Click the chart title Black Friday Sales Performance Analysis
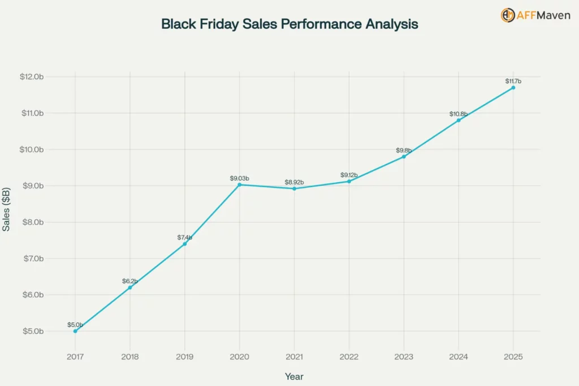tap(289, 24)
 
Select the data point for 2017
tap(75, 331)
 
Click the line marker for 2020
tap(240, 185)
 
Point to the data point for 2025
tap(513, 88)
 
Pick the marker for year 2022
tap(349, 181)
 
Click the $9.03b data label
tap(239, 178)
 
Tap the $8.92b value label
tap(294, 182)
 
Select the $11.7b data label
tap(513, 82)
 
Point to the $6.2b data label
tap(130, 281)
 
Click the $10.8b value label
tap(459, 114)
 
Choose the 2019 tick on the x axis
tap(185, 357)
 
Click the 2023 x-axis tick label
tap(404, 357)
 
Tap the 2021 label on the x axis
tap(294, 357)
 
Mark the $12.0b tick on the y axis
tap(32, 76)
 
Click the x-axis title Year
tap(294, 376)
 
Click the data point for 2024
tap(459, 120)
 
